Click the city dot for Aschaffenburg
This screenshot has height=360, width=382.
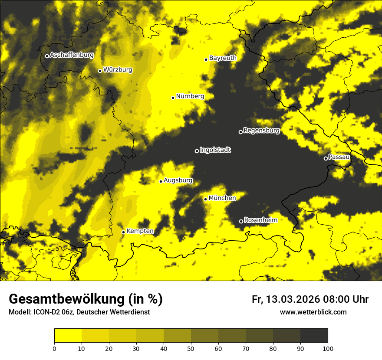[47, 56]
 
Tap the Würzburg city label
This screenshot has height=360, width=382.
[118, 70]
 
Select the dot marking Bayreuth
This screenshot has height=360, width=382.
[206, 59]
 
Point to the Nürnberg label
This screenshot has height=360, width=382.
[190, 96]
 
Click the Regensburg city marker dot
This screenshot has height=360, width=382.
[240, 132]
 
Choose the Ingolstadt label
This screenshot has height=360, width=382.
[215, 150]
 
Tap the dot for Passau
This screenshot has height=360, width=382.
[326, 158]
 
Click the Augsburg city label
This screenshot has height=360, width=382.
[178, 180]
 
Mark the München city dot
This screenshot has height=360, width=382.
[205, 199]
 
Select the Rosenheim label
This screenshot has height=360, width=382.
[260, 220]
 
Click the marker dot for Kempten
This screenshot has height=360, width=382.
[123, 232]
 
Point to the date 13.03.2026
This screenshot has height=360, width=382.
[293, 299]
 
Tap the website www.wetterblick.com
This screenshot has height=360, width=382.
[313, 312]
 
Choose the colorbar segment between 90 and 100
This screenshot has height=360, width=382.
[314, 336]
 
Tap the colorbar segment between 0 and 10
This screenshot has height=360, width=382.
[68, 336]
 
